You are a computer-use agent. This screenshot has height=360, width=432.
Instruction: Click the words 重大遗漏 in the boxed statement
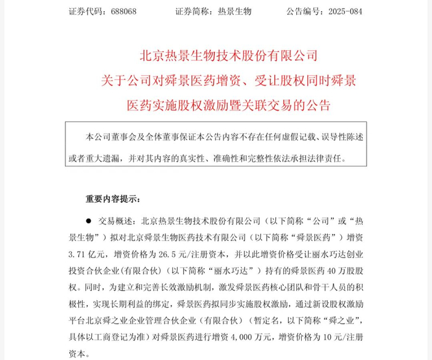tap(99, 157)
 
